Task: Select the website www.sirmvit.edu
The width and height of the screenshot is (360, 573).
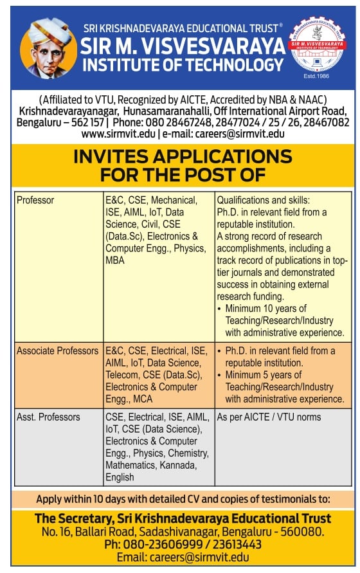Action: tap(118, 134)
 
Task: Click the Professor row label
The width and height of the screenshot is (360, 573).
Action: tap(35, 200)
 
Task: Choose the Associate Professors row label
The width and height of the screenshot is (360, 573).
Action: tap(57, 351)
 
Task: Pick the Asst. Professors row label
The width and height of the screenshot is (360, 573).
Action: tap(48, 417)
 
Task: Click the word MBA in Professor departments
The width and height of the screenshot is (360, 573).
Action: tap(116, 261)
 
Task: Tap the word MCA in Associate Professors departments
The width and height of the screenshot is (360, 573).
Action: tap(145, 399)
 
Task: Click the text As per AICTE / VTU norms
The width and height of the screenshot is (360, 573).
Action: tap(269, 417)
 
